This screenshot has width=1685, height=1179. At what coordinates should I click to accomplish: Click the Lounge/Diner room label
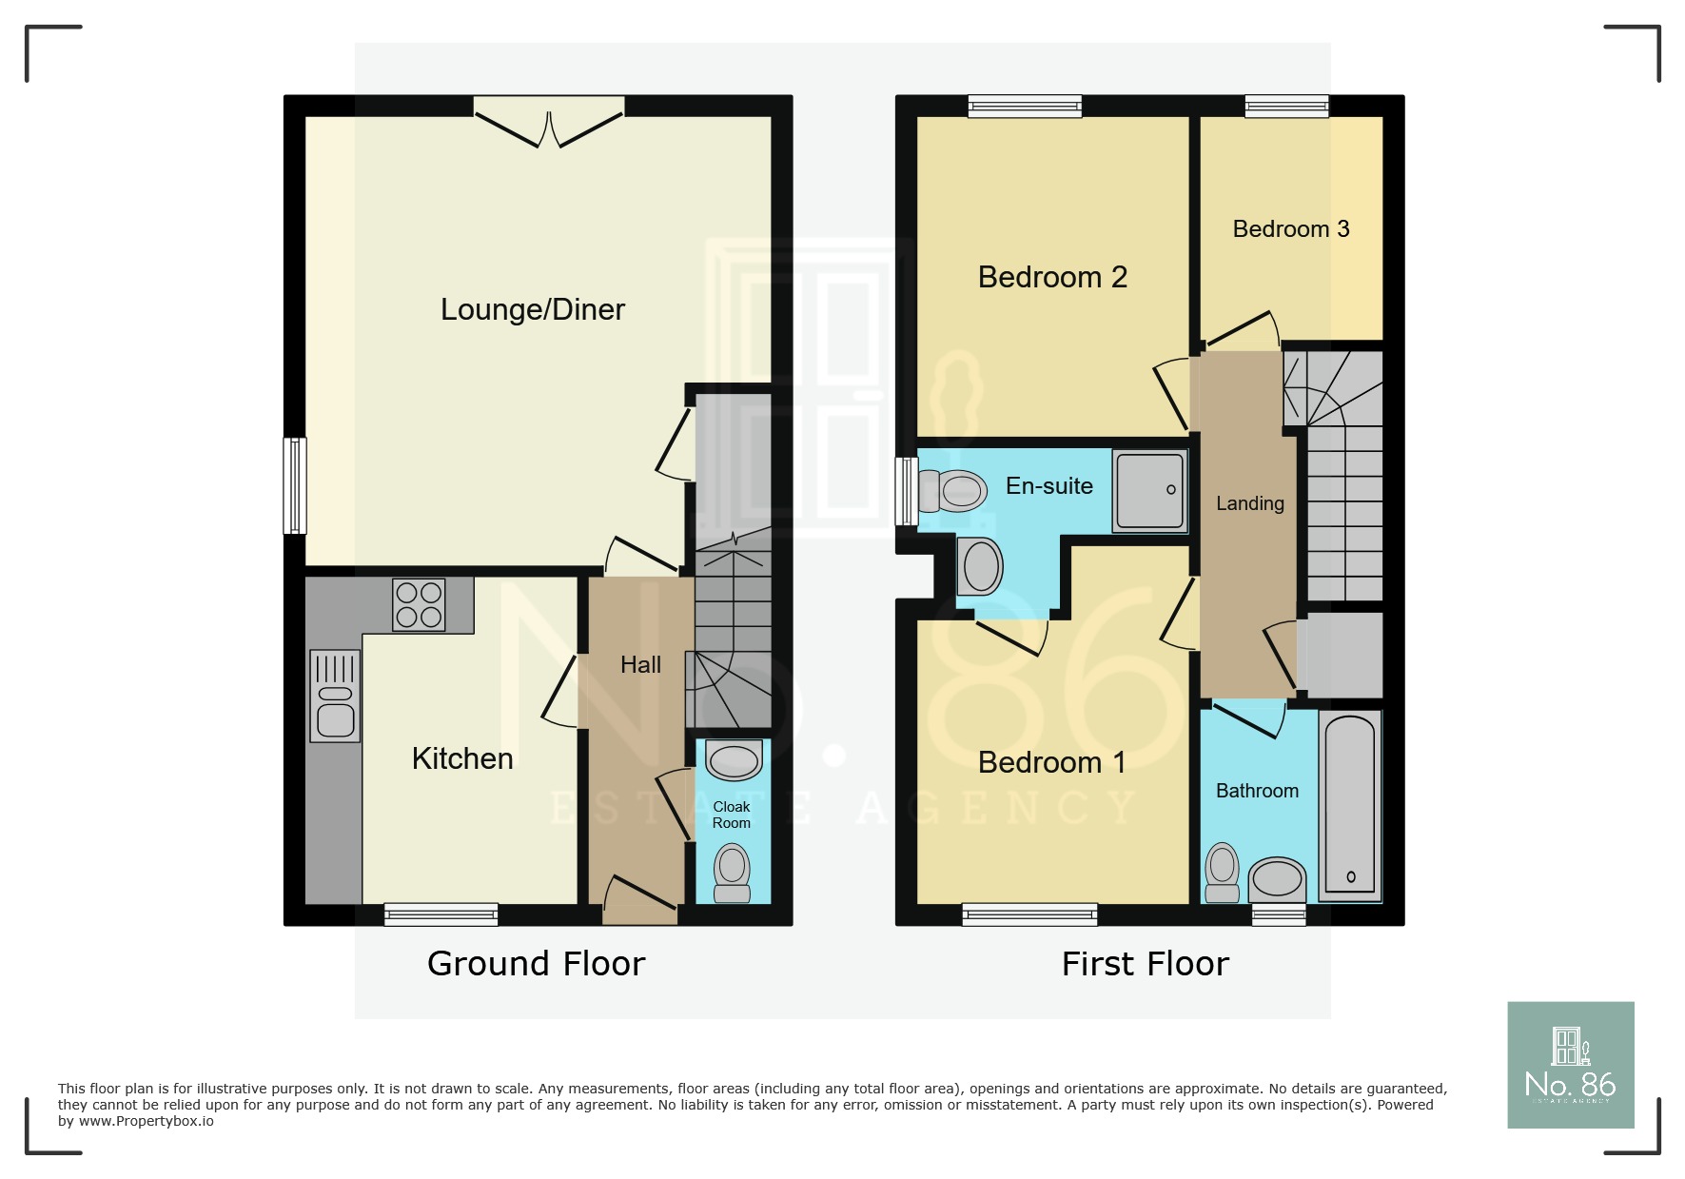532,309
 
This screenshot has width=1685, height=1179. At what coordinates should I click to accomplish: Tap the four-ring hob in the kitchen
419,605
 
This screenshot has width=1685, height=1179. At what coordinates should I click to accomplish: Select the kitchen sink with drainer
335,696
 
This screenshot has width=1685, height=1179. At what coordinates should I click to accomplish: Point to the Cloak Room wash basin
734,760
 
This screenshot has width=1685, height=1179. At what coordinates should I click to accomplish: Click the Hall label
640,665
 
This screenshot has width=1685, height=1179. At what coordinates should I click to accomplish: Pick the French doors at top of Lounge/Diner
549,123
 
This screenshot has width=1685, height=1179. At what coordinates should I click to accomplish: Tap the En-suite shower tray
1149,490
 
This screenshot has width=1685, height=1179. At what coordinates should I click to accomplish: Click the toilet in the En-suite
952,491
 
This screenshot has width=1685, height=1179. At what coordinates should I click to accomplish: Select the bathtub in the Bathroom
1349,805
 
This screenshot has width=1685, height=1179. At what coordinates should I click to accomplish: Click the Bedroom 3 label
1290,229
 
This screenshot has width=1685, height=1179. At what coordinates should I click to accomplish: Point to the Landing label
1249,503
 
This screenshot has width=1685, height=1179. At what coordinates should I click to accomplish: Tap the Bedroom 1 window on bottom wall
1029,914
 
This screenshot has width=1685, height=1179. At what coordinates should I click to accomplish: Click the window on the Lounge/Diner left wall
295,485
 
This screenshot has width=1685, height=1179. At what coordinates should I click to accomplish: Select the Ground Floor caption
536,964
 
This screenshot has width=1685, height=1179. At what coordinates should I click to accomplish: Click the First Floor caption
1145,964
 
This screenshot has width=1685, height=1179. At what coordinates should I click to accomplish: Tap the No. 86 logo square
1570,1065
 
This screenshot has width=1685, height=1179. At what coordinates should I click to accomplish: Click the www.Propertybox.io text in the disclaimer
146,1122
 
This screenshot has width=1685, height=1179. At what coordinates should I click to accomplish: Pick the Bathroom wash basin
1277,878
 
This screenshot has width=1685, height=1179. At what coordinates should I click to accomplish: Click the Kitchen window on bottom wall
441,914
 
